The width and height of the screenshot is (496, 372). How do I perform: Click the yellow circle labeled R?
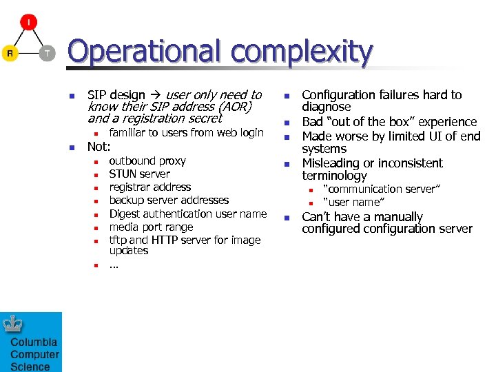pos(10,53)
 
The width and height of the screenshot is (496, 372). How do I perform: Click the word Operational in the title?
pos(146,52)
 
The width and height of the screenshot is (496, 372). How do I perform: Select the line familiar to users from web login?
pos(186,132)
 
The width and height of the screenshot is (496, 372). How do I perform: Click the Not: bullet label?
pos(99,146)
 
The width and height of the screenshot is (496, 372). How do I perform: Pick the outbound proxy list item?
pos(147,161)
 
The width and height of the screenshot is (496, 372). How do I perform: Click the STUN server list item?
pos(139,174)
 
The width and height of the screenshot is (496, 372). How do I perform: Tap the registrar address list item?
pos(149,187)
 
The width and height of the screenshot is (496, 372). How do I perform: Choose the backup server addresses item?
pos(169,200)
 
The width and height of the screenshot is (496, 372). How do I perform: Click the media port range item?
pos(151,227)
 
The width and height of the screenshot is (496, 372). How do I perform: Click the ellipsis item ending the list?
pos(114,265)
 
